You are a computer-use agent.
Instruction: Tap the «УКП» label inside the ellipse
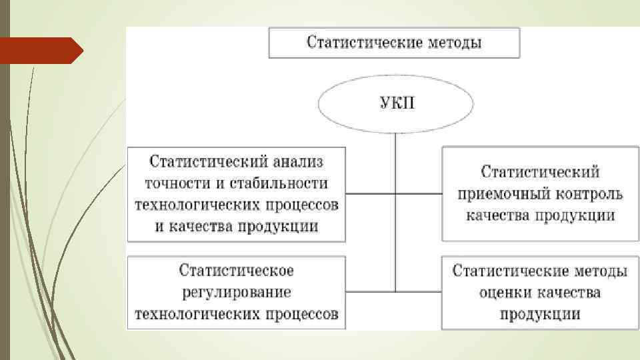[396, 105]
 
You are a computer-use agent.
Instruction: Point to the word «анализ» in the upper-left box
[298, 161]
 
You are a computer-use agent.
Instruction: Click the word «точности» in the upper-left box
[174, 183]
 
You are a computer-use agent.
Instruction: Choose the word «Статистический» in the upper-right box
[541, 172]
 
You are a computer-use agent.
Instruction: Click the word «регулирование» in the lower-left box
[236, 292]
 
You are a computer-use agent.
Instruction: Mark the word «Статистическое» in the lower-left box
[236, 271]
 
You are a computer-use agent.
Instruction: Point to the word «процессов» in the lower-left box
[301, 313]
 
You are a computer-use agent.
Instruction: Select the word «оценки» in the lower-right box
[503, 292]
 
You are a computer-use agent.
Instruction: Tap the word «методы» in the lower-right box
[591, 271]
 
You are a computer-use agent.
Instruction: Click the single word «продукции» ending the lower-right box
[541, 313]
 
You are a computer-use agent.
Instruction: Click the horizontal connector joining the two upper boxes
[394, 194]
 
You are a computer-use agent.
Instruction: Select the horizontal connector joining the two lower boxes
[394, 292]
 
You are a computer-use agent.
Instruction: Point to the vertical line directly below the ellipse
[396, 160]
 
